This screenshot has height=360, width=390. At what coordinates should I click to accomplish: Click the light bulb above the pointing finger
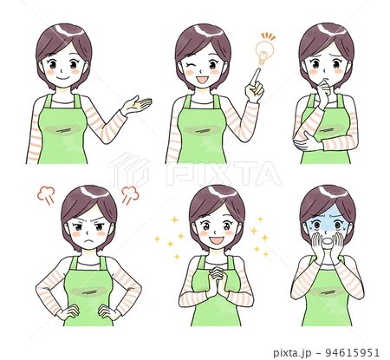264,52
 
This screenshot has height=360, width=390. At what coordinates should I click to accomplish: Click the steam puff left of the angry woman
46,195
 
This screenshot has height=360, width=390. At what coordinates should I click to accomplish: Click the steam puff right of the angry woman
130,194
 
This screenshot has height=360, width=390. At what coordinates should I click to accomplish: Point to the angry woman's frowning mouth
89,240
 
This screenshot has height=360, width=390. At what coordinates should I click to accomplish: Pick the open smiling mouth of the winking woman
201,80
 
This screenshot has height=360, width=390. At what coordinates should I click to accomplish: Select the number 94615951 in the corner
353,352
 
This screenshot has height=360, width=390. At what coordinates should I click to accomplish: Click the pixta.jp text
292,353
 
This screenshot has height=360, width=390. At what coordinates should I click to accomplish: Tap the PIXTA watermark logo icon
128,170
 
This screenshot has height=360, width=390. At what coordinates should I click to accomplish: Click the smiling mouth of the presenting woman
63,78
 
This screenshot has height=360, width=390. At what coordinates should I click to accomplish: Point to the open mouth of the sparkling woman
216,240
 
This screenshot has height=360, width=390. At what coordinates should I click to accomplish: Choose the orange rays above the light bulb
269,36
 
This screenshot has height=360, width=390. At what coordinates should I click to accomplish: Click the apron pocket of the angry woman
88,291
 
